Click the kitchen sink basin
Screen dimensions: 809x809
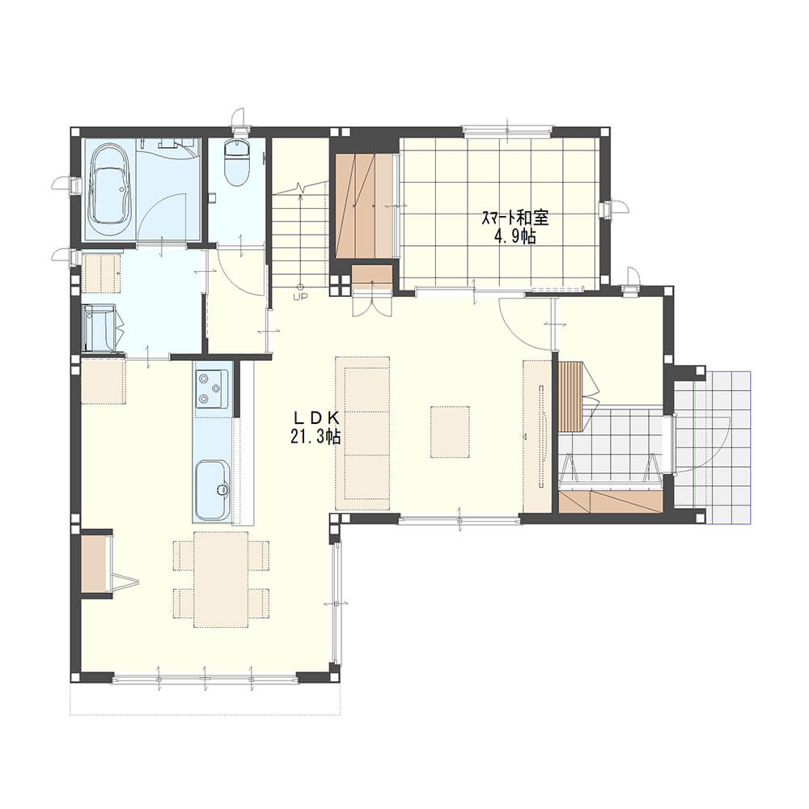click(x=212, y=489)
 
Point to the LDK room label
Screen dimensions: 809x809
click(x=316, y=417)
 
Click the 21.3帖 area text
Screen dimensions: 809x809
click(x=316, y=438)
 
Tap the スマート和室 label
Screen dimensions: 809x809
click(x=515, y=218)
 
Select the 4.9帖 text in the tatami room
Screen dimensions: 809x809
click(x=515, y=237)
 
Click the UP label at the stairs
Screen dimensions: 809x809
click(x=300, y=296)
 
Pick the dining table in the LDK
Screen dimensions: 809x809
click(x=221, y=579)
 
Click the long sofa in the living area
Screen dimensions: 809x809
click(x=362, y=433)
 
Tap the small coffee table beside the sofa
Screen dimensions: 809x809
click(x=450, y=432)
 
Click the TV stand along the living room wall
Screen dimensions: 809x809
click(x=537, y=436)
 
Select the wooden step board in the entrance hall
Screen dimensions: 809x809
click(x=570, y=396)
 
